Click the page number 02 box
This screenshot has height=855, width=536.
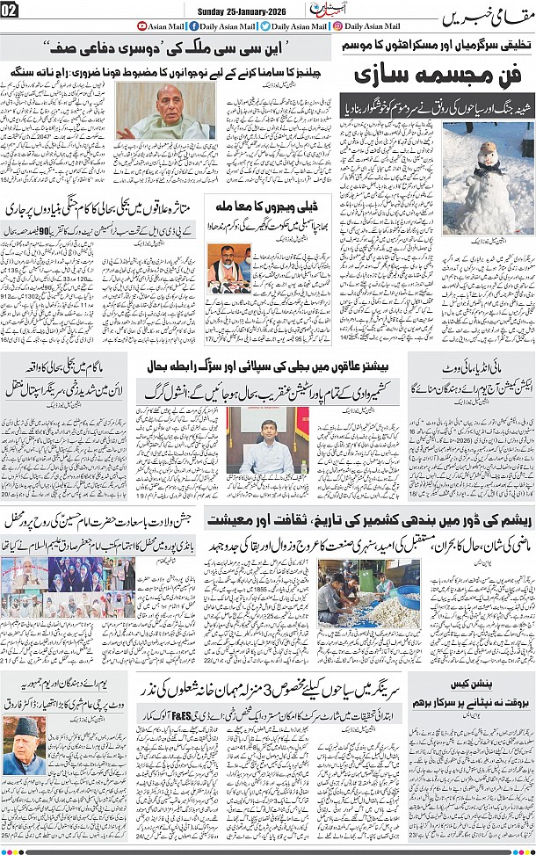10,10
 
